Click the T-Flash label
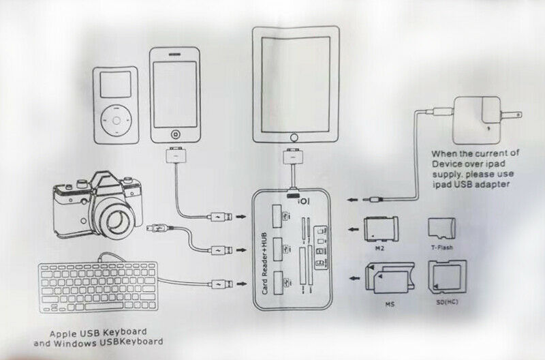[441, 248]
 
